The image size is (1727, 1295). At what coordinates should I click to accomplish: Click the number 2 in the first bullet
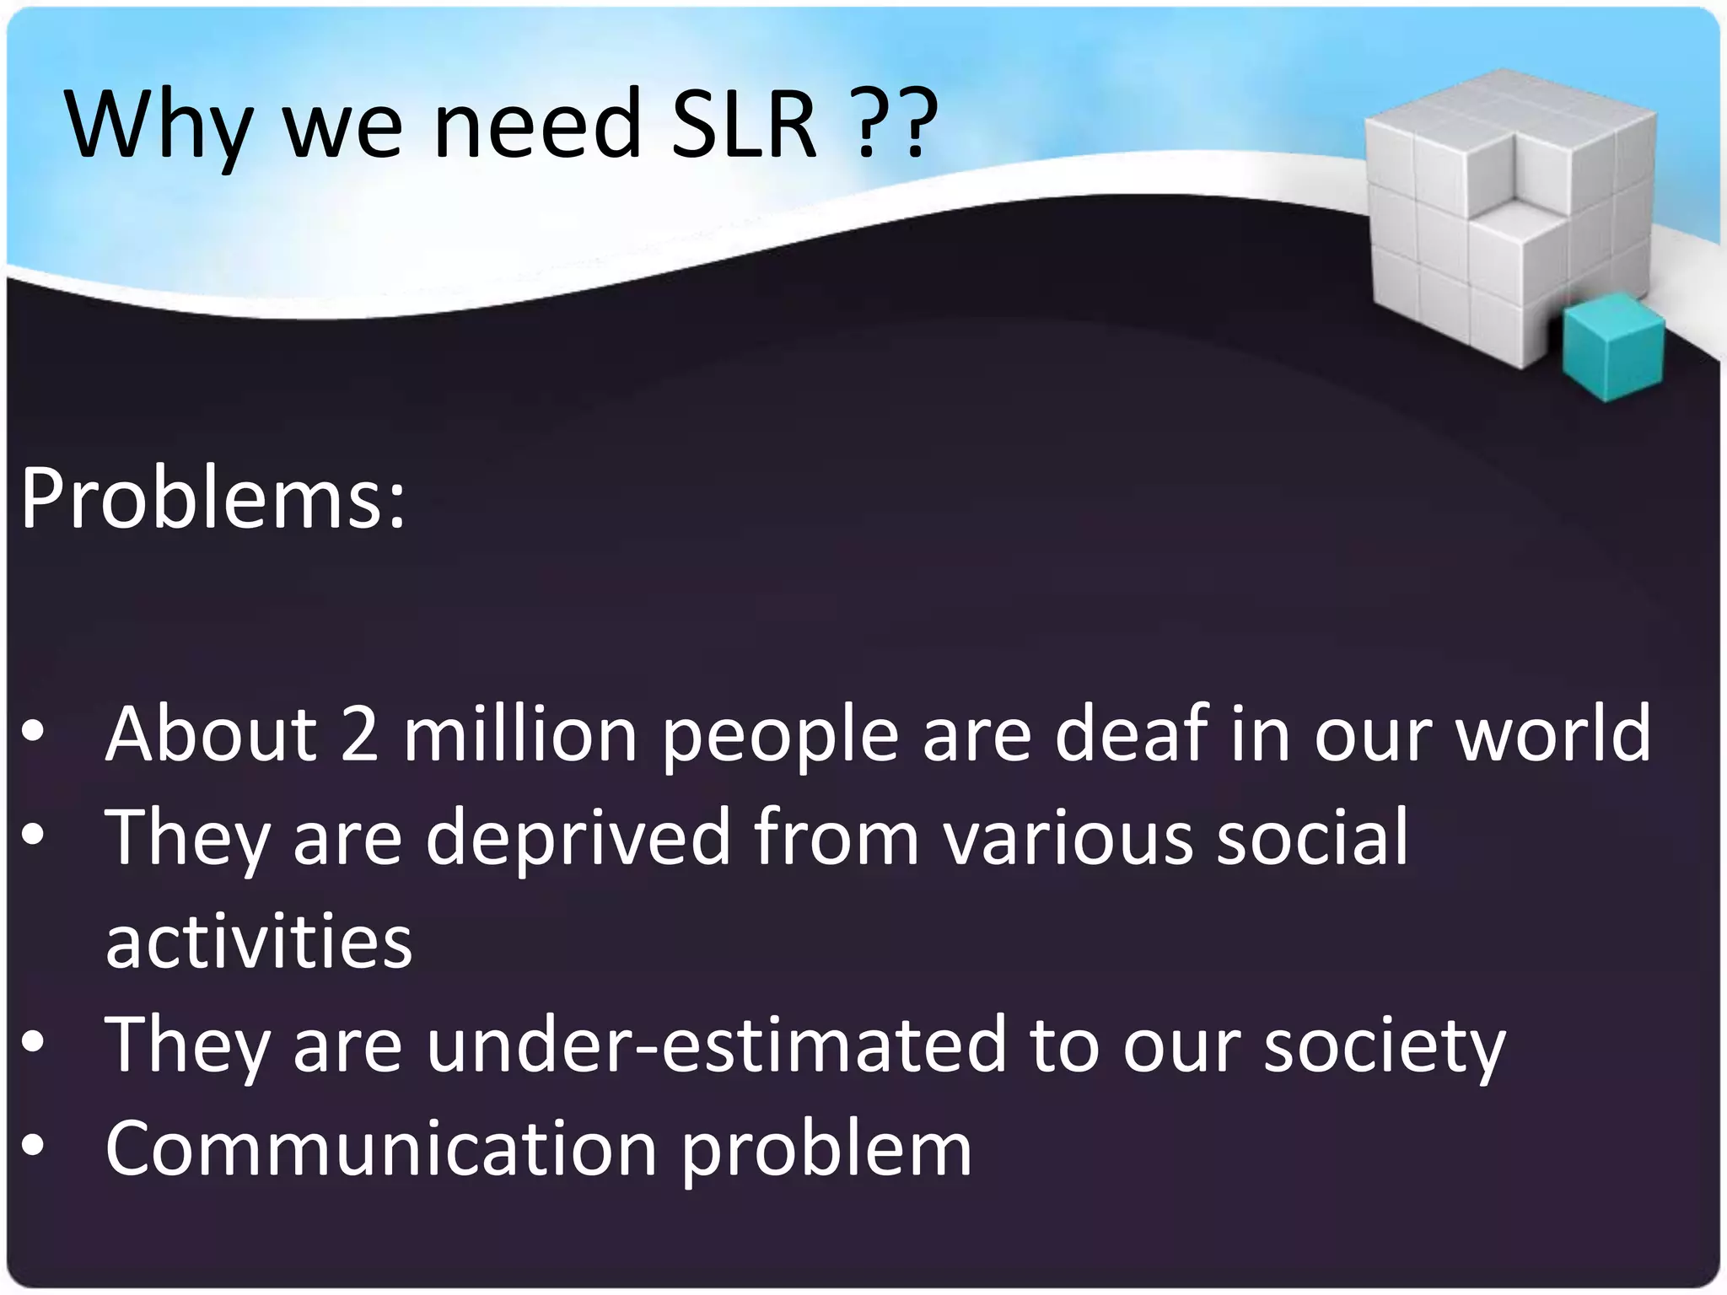pos(359,733)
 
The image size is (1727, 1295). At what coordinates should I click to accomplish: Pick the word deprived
pos(578,836)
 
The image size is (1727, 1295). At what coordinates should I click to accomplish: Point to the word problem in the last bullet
pos(826,1151)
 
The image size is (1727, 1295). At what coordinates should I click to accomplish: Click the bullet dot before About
pos(33,733)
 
